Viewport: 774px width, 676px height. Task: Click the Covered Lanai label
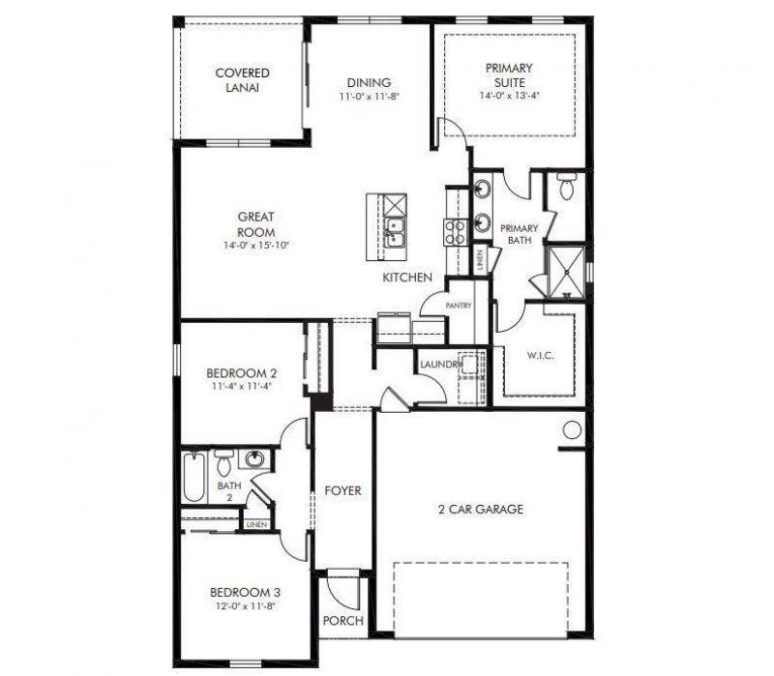point(242,79)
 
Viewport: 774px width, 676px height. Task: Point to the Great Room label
point(256,224)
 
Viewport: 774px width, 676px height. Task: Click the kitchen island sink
point(393,230)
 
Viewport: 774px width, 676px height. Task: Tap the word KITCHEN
point(406,278)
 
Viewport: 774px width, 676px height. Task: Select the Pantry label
point(459,306)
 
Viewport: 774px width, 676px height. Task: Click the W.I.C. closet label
point(540,356)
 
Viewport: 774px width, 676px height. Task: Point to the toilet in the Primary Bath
point(567,187)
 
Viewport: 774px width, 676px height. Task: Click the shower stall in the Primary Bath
point(564,270)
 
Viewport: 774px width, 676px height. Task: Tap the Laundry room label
point(441,364)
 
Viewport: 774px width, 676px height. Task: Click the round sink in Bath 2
point(256,459)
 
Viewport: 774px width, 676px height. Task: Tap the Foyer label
point(342,490)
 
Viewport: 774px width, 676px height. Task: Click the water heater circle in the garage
point(573,428)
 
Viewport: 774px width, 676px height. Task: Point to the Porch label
point(342,620)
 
